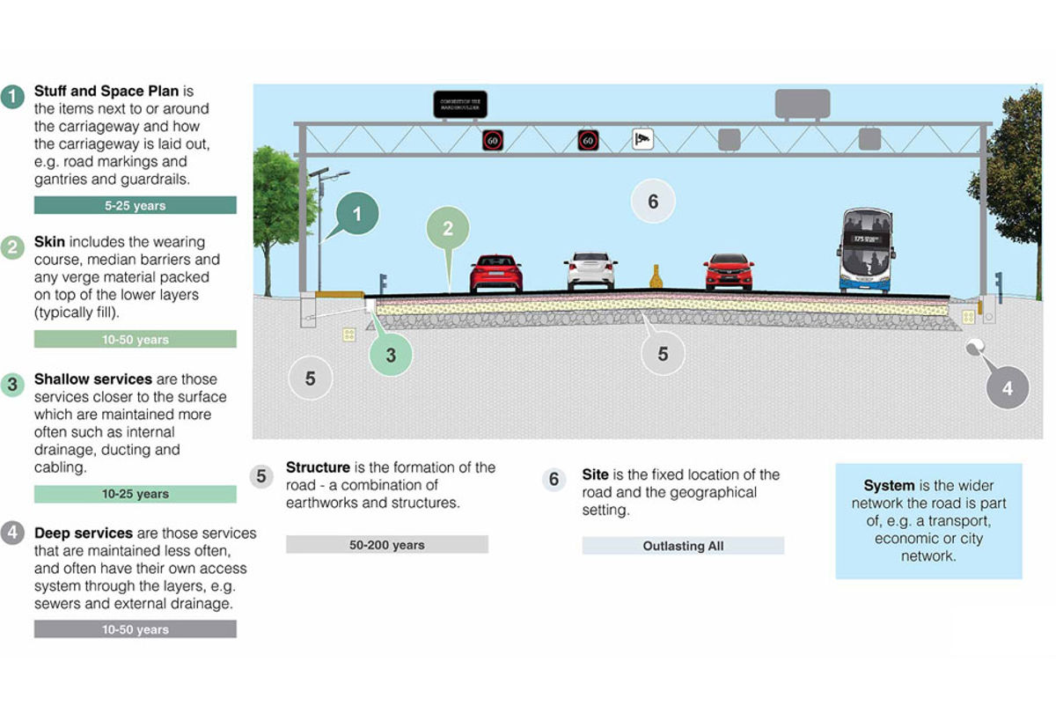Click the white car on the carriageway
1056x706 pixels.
(590, 272)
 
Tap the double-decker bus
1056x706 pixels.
(867, 250)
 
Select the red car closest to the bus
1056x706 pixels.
(729, 272)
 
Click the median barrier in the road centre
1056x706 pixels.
(656, 276)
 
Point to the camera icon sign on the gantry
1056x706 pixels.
(642, 138)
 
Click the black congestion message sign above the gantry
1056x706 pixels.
(459, 105)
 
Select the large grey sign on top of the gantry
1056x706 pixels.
(801, 103)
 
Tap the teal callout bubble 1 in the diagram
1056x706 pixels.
(356, 214)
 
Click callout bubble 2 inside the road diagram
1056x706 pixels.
(448, 229)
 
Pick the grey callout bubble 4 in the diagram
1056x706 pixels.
(1007, 387)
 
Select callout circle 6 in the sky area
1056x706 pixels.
(653, 202)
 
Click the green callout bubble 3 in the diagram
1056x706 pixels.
(391, 356)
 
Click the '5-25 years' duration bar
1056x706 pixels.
(135, 205)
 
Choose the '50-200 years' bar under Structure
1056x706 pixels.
(386, 545)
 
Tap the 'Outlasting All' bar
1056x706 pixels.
(683, 546)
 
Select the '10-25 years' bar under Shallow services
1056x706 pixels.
(135, 494)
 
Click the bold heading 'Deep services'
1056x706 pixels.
(84, 533)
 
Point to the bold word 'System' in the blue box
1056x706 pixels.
(889, 486)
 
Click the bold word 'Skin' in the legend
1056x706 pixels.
(50, 241)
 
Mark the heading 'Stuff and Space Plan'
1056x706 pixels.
(106, 91)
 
